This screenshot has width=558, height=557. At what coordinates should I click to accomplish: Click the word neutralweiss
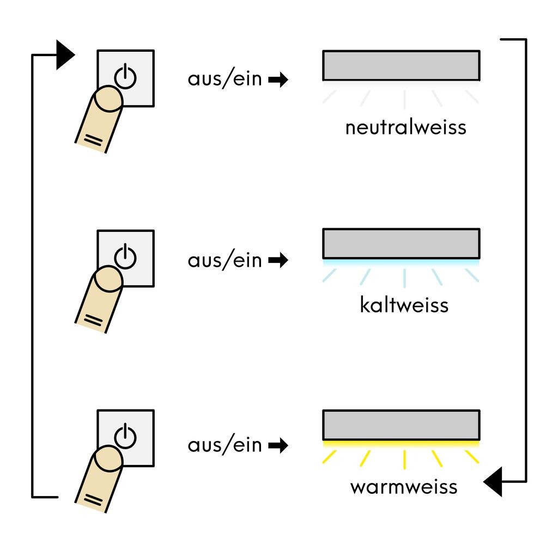[405, 127]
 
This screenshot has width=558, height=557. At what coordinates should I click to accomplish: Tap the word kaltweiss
[404, 305]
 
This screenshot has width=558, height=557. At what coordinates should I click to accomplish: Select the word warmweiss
[404, 486]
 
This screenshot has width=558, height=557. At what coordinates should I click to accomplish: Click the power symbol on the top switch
[125, 76]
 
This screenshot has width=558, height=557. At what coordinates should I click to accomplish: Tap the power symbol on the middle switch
[125, 255]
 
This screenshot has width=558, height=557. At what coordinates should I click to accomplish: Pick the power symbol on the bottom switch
[125, 436]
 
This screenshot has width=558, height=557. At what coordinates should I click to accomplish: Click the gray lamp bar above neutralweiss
[401, 65]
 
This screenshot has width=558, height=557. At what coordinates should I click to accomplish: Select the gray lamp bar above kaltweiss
[401, 243]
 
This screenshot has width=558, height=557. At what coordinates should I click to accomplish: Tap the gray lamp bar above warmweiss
[401, 425]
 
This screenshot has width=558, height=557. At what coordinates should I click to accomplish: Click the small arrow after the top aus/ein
[278, 81]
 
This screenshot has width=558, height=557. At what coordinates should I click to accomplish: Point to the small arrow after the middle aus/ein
[278, 261]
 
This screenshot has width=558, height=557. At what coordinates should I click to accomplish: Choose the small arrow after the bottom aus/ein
[278, 446]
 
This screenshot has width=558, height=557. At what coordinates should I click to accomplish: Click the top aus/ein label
[225, 79]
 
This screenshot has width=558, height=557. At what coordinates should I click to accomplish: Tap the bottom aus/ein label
[225, 445]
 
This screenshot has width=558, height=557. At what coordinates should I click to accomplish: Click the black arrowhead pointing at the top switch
[65, 55]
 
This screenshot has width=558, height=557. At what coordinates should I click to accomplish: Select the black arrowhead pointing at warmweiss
[494, 482]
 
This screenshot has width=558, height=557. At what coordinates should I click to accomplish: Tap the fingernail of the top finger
[107, 100]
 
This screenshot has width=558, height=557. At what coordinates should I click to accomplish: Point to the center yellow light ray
[404, 459]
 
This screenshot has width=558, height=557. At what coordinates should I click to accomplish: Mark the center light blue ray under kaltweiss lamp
[404, 278]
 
